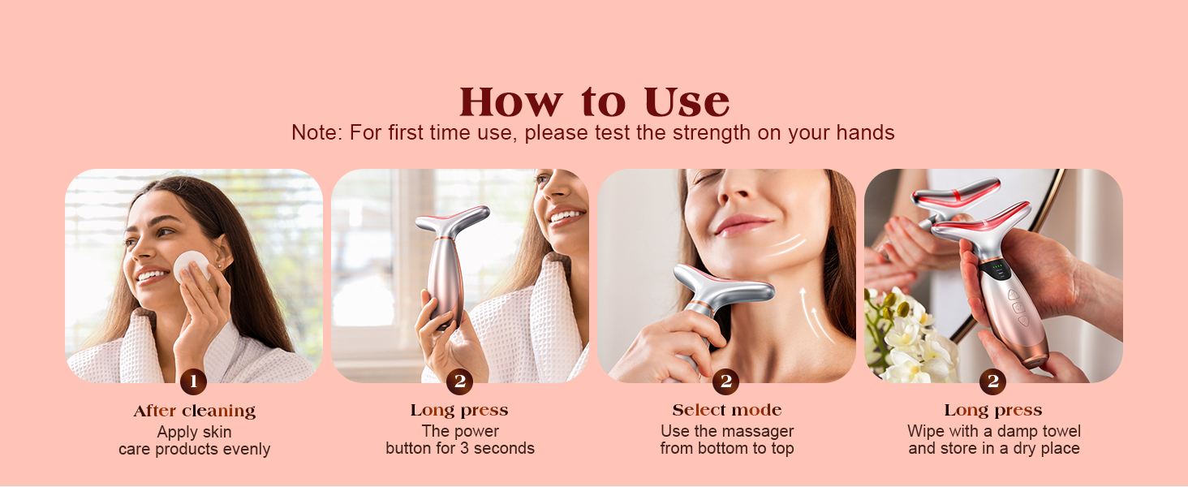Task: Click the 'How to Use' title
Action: (x=594, y=102)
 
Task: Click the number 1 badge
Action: (x=192, y=381)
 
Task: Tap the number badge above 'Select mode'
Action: (x=725, y=381)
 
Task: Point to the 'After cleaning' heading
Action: (x=195, y=411)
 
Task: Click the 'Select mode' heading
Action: (x=727, y=411)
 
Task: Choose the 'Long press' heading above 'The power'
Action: (x=459, y=411)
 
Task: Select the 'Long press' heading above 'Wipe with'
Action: (x=993, y=411)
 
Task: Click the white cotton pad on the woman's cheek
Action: (x=192, y=265)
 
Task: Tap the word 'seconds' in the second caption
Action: (x=504, y=448)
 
